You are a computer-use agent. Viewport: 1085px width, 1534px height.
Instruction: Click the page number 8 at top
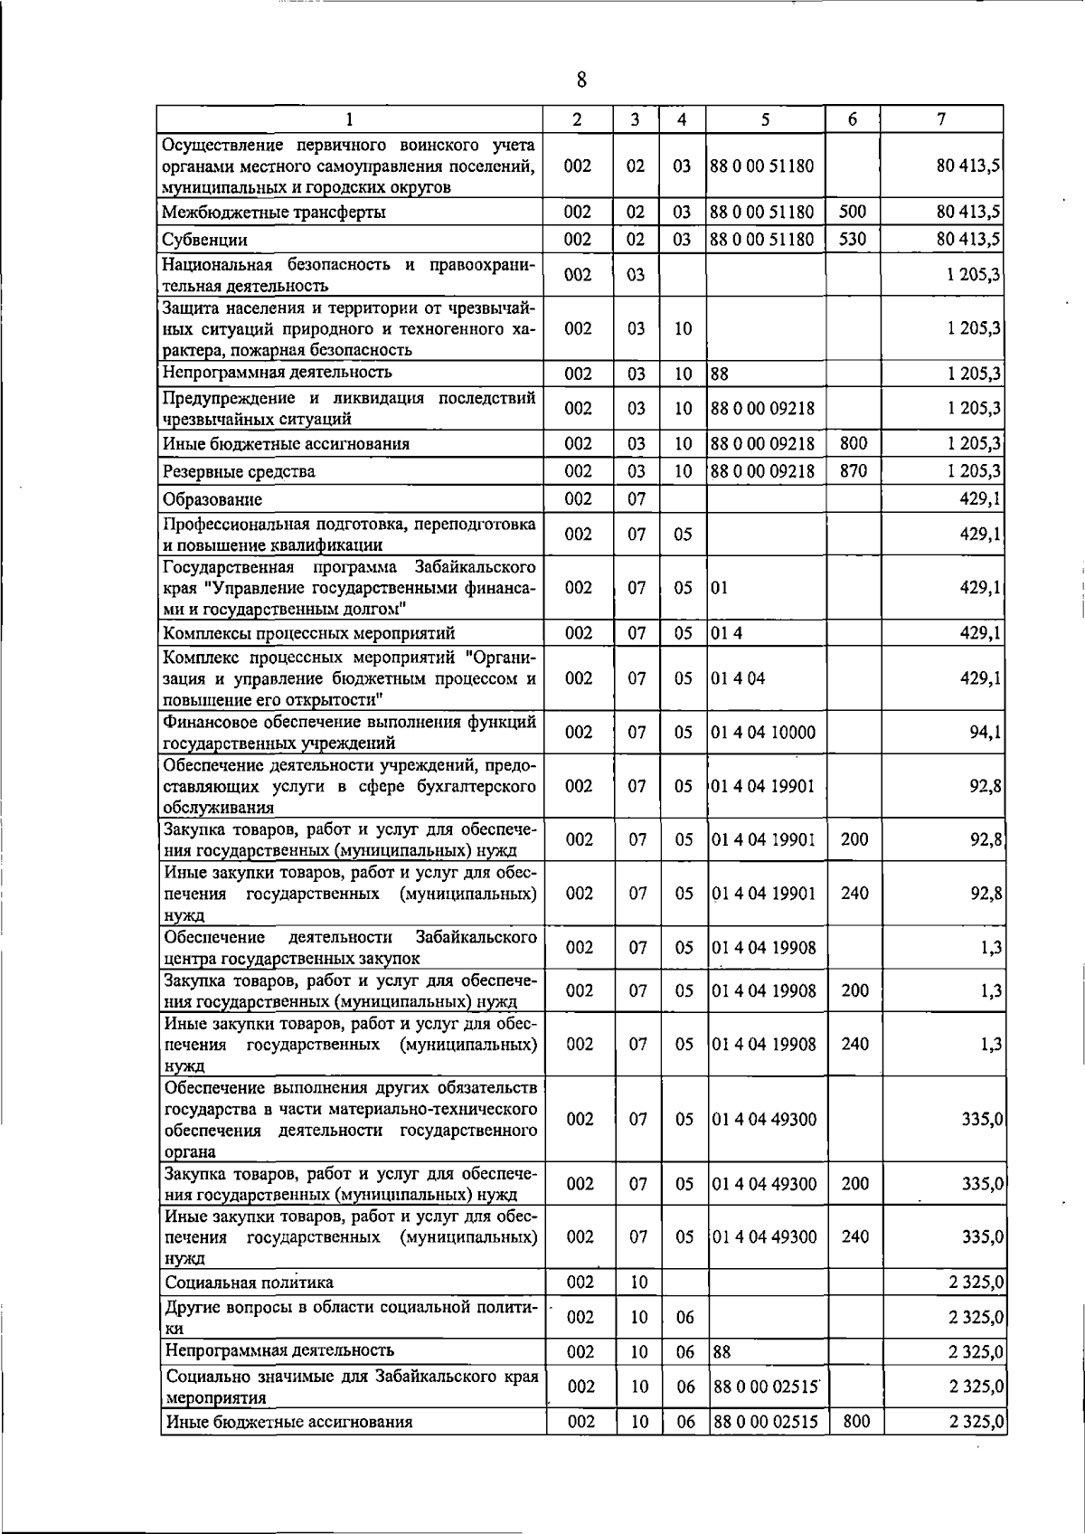tap(581, 80)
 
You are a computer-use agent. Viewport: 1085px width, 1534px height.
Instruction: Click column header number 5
tap(765, 119)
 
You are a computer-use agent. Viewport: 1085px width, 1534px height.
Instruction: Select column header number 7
tap(941, 119)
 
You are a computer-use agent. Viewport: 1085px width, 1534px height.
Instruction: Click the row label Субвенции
tap(204, 240)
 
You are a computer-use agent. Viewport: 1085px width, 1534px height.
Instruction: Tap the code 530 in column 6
tap(853, 239)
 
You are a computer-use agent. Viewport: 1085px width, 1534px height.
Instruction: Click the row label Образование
tap(212, 499)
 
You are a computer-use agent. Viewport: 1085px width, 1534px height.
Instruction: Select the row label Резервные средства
tap(239, 471)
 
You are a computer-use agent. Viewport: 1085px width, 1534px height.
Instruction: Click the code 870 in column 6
tap(854, 470)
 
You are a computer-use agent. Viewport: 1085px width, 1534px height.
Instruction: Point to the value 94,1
tap(984, 732)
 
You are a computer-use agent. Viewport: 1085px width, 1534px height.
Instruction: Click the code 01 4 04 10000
tap(763, 732)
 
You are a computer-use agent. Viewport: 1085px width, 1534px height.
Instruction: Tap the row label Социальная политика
tap(249, 1283)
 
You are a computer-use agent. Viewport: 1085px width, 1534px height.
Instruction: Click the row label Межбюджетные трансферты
tap(273, 213)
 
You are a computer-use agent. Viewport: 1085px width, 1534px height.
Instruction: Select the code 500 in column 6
tap(853, 212)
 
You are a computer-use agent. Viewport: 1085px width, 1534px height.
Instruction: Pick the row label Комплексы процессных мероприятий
tap(308, 632)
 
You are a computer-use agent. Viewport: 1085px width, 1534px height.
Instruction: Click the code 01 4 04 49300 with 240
tap(763, 1236)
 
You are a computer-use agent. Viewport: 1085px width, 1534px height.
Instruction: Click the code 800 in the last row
tap(855, 1422)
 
